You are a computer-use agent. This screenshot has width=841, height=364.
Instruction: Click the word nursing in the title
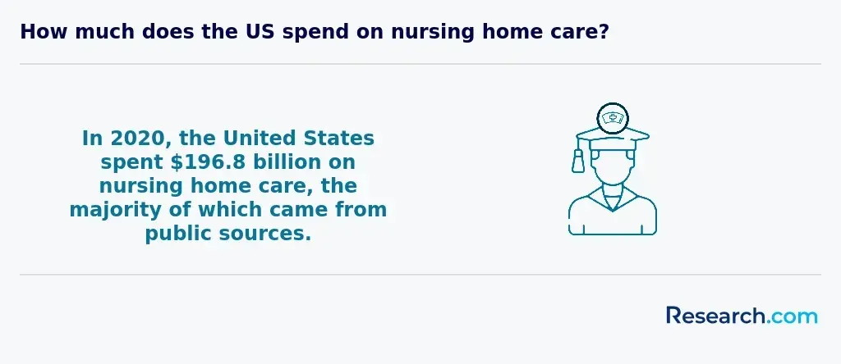tap(432, 33)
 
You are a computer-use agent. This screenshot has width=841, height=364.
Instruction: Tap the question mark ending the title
tap(604, 32)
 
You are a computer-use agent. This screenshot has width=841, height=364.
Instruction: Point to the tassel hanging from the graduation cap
tap(578, 161)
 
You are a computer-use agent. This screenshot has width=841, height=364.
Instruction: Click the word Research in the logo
tap(715, 316)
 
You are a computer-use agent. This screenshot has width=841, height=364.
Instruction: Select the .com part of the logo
tap(792, 317)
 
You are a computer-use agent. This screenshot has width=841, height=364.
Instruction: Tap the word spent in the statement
tap(132, 163)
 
